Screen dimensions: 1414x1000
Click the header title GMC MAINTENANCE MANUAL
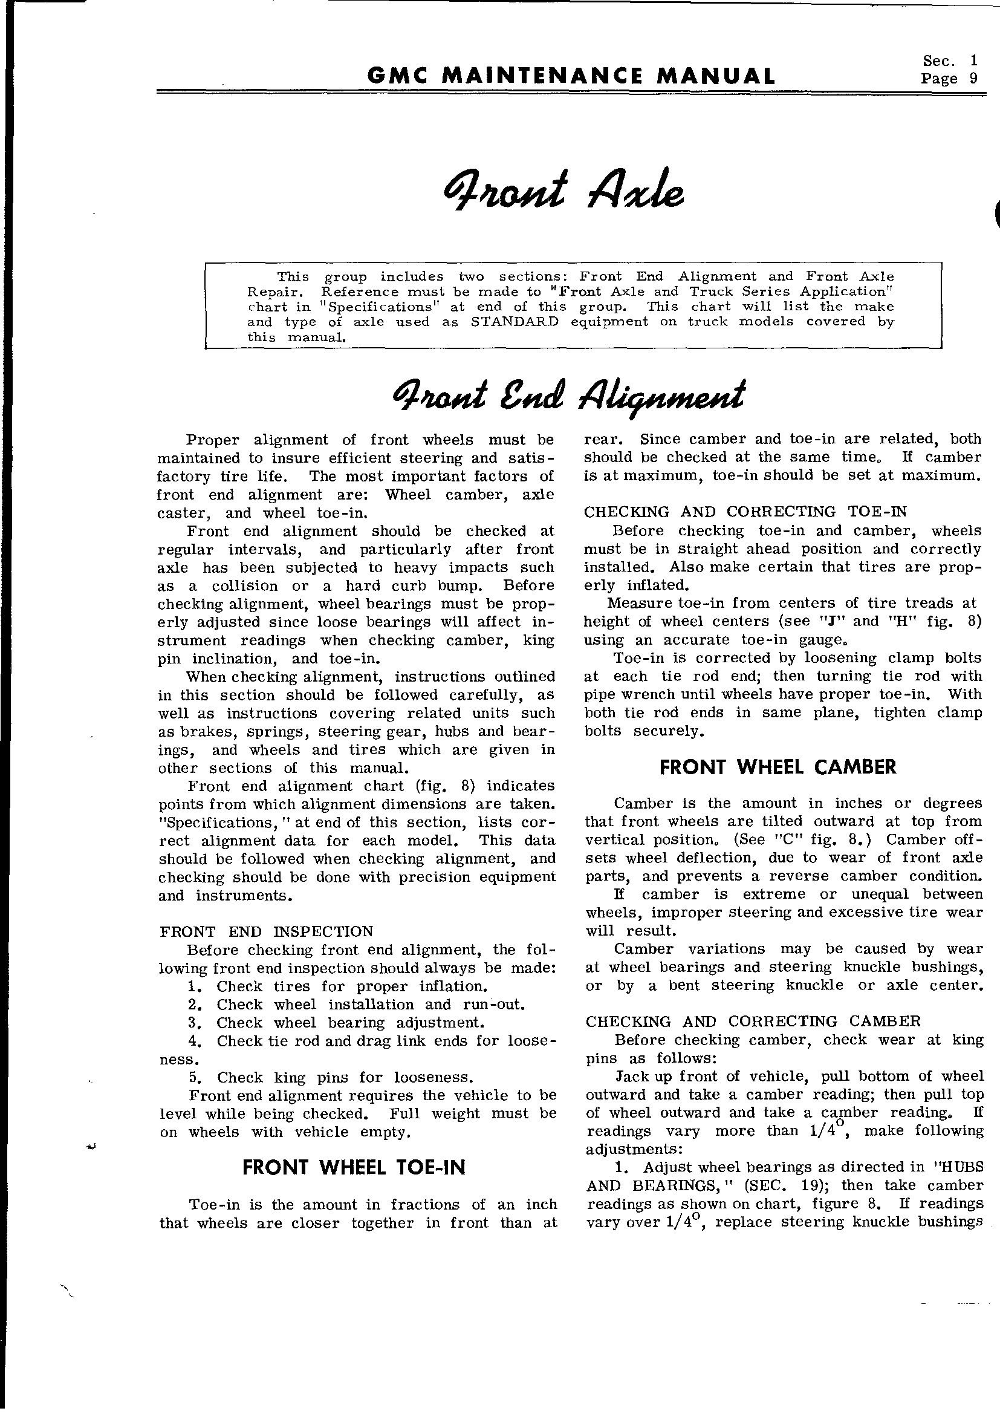click(570, 76)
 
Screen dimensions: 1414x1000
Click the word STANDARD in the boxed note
click(514, 322)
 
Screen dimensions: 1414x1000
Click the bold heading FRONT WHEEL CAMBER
click(778, 767)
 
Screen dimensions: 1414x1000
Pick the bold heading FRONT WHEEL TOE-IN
click(354, 1167)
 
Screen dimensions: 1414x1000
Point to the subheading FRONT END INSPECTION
click(266, 931)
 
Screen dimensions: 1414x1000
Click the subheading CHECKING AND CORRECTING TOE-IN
click(744, 512)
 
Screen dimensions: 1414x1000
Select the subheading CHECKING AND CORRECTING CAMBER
click(753, 1021)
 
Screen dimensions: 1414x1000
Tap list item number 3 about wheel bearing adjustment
click(336, 1022)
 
